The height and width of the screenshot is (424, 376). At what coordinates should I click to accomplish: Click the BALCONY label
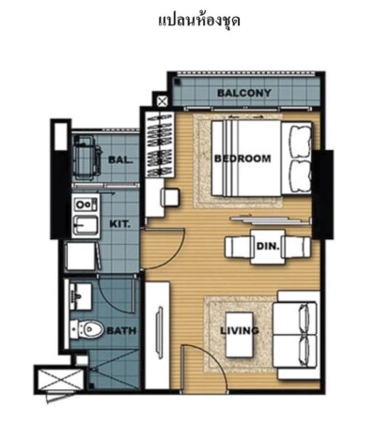click(244, 93)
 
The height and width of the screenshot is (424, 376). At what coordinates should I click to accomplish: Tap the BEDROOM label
click(243, 159)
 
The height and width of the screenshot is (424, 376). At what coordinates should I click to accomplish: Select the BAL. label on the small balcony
click(120, 160)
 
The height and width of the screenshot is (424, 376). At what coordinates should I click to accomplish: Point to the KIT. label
click(119, 224)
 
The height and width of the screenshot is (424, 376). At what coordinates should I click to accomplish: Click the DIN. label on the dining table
click(268, 247)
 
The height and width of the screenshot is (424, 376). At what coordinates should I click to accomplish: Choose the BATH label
click(121, 330)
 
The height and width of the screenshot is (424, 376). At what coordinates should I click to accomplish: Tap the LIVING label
click(240, 330)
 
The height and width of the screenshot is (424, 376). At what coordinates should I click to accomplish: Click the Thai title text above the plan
click(199, 21)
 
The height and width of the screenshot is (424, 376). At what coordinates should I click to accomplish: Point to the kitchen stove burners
click(86, 204)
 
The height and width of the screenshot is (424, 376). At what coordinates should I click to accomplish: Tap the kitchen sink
click(86, 225)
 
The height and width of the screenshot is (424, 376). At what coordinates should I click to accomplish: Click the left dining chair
click(239, 247)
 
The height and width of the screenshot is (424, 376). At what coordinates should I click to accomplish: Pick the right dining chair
click(296, 247)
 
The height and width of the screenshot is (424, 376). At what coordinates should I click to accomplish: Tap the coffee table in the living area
click(240, 335)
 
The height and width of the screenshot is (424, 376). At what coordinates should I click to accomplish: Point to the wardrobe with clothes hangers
click(160, 144)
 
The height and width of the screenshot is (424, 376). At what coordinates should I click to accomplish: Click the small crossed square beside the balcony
click(162, 101)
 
